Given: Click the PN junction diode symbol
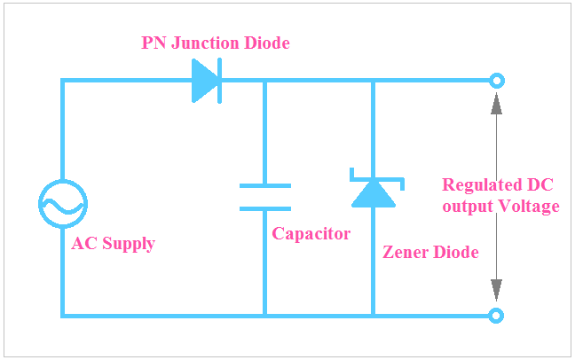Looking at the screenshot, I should (x=206, y=82).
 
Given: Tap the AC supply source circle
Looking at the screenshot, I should (x=62, y=205).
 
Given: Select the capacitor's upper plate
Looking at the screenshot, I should (x=264, y=185).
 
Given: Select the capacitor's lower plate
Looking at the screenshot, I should (x=264, y=208).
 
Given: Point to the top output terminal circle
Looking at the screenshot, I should (x=497, y=81).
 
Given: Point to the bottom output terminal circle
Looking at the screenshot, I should (x=497, y=315).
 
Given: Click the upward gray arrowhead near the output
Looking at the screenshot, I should (x=497, y=102).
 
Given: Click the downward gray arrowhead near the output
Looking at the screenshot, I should (x=497, y=290).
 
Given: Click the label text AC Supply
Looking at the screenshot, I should (x=113, y=244).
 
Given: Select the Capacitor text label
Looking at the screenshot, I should (x=311, y=234).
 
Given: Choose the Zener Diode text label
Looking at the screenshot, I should (x=430, y=252).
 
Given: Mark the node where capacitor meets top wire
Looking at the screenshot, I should (x=264, y=81).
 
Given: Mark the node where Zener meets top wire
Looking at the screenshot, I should (x=373, y=81).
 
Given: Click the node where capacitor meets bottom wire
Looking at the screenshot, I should (x=264, y=315).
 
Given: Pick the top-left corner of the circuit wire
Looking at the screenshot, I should (x=62, y=81).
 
